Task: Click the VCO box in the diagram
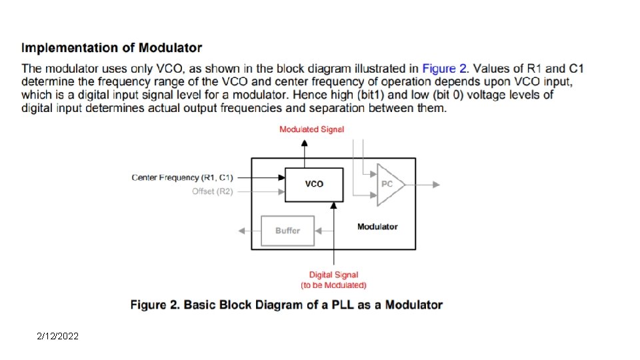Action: tap(314, 185)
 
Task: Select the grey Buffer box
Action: tap(287, 231)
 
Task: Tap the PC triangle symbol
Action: tap(389, 185)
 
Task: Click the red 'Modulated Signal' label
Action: tap(311, 129)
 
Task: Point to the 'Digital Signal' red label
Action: tap(333, 275)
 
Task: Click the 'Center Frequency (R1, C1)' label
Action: tap(182, 177)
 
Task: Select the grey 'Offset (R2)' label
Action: tap(213, 191)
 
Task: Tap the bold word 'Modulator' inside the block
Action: tap(377, 227)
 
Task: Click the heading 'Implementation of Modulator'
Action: tap(111, 48)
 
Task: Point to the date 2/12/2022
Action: tap(57, 337)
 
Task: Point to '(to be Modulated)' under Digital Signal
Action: tap(333, 285)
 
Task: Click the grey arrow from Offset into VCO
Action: tap(260, 191)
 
